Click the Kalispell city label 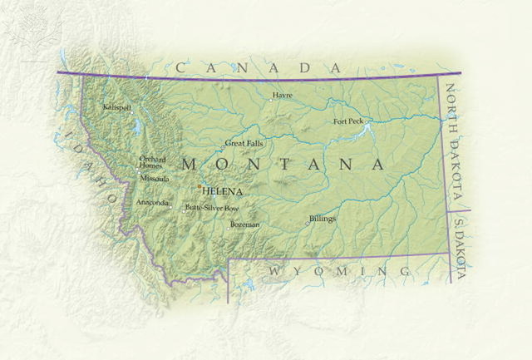tap(117, 107)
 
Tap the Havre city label tap(283, 95)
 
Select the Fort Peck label tap(348, 121)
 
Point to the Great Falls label tap(244, 144)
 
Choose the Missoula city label tap(155, 179)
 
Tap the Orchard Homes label tap(152, 161)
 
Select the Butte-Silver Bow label tap(212, 208)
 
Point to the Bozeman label tap(245, 224)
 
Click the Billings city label tap(323, 219)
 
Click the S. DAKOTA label tap(460, 247)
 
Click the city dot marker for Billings tap(308, 223)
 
